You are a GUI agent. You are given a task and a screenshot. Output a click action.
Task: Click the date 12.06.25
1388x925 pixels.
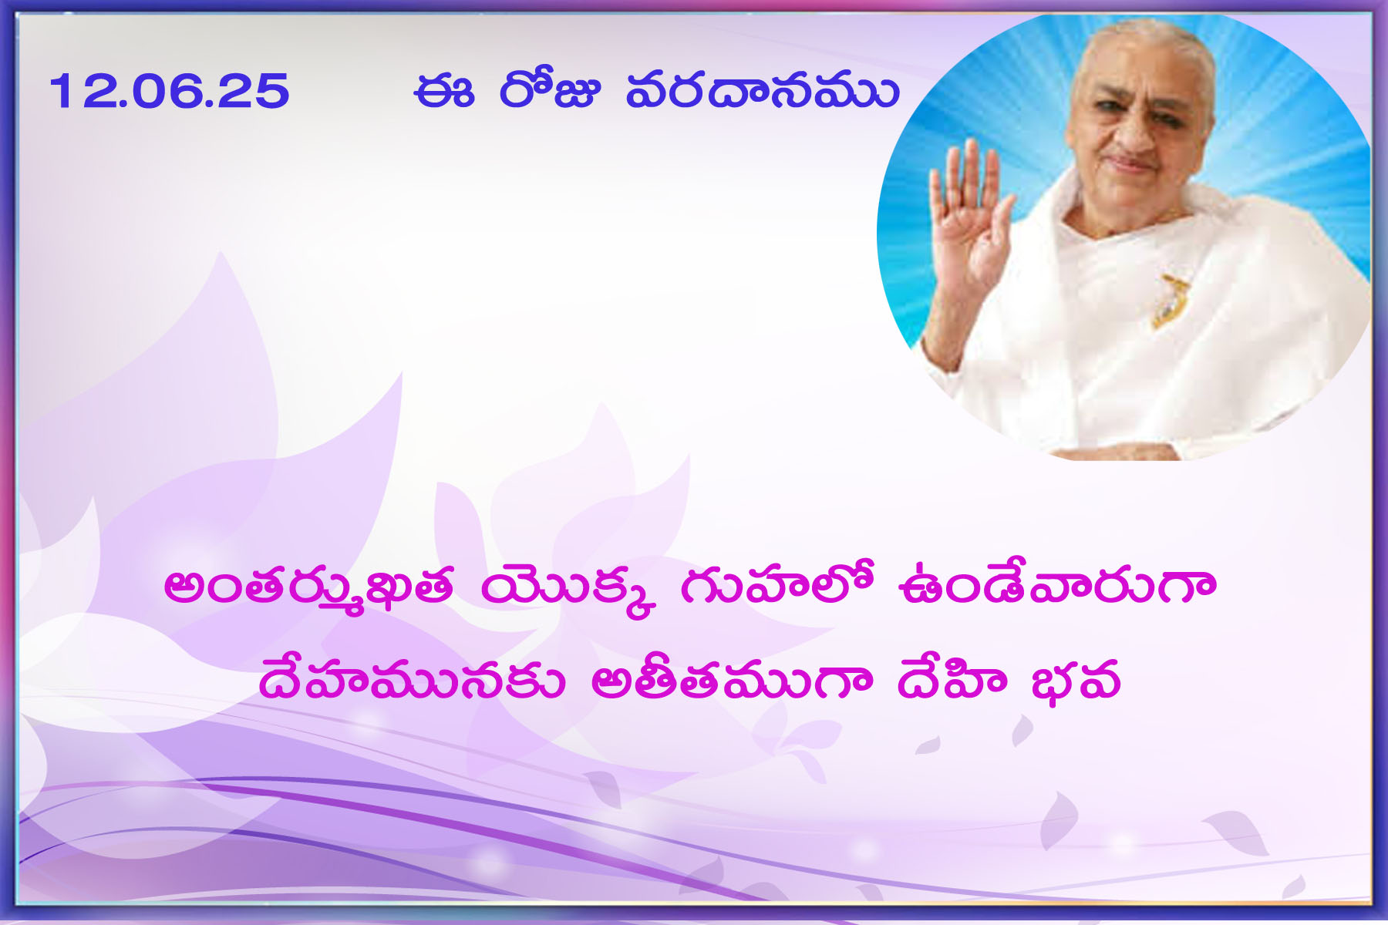pyautogui.click(x=169, y=91)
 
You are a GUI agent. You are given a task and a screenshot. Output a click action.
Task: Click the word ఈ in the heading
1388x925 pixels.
pyautogui.click(x=443, y=91)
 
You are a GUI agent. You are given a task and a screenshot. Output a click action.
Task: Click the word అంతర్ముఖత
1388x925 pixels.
pyautogui.click(x=308, y=590)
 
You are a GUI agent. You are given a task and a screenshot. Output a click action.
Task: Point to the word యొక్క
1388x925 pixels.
pyautogui.click(x=568, y=590)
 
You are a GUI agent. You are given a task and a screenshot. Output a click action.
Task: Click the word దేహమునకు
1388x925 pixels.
pyautogui.click(x=412, y=678)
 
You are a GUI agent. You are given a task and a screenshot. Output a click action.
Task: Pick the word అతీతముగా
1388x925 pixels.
pyautogui.click(x=732, y=678)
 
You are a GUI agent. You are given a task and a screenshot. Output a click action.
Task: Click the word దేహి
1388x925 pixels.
pyautogui.click(x=952, y=678)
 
